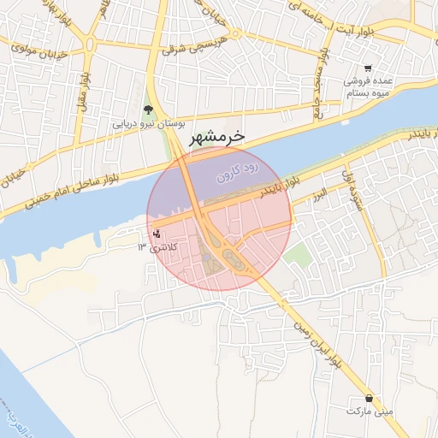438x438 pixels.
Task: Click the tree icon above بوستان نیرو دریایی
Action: pos(149,109)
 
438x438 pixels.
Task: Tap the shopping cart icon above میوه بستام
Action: pos(368,68)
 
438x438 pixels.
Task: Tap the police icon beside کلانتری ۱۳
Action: pos(155,234)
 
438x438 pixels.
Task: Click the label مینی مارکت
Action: pos(370,411)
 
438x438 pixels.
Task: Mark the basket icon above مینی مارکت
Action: pos(370,398)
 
